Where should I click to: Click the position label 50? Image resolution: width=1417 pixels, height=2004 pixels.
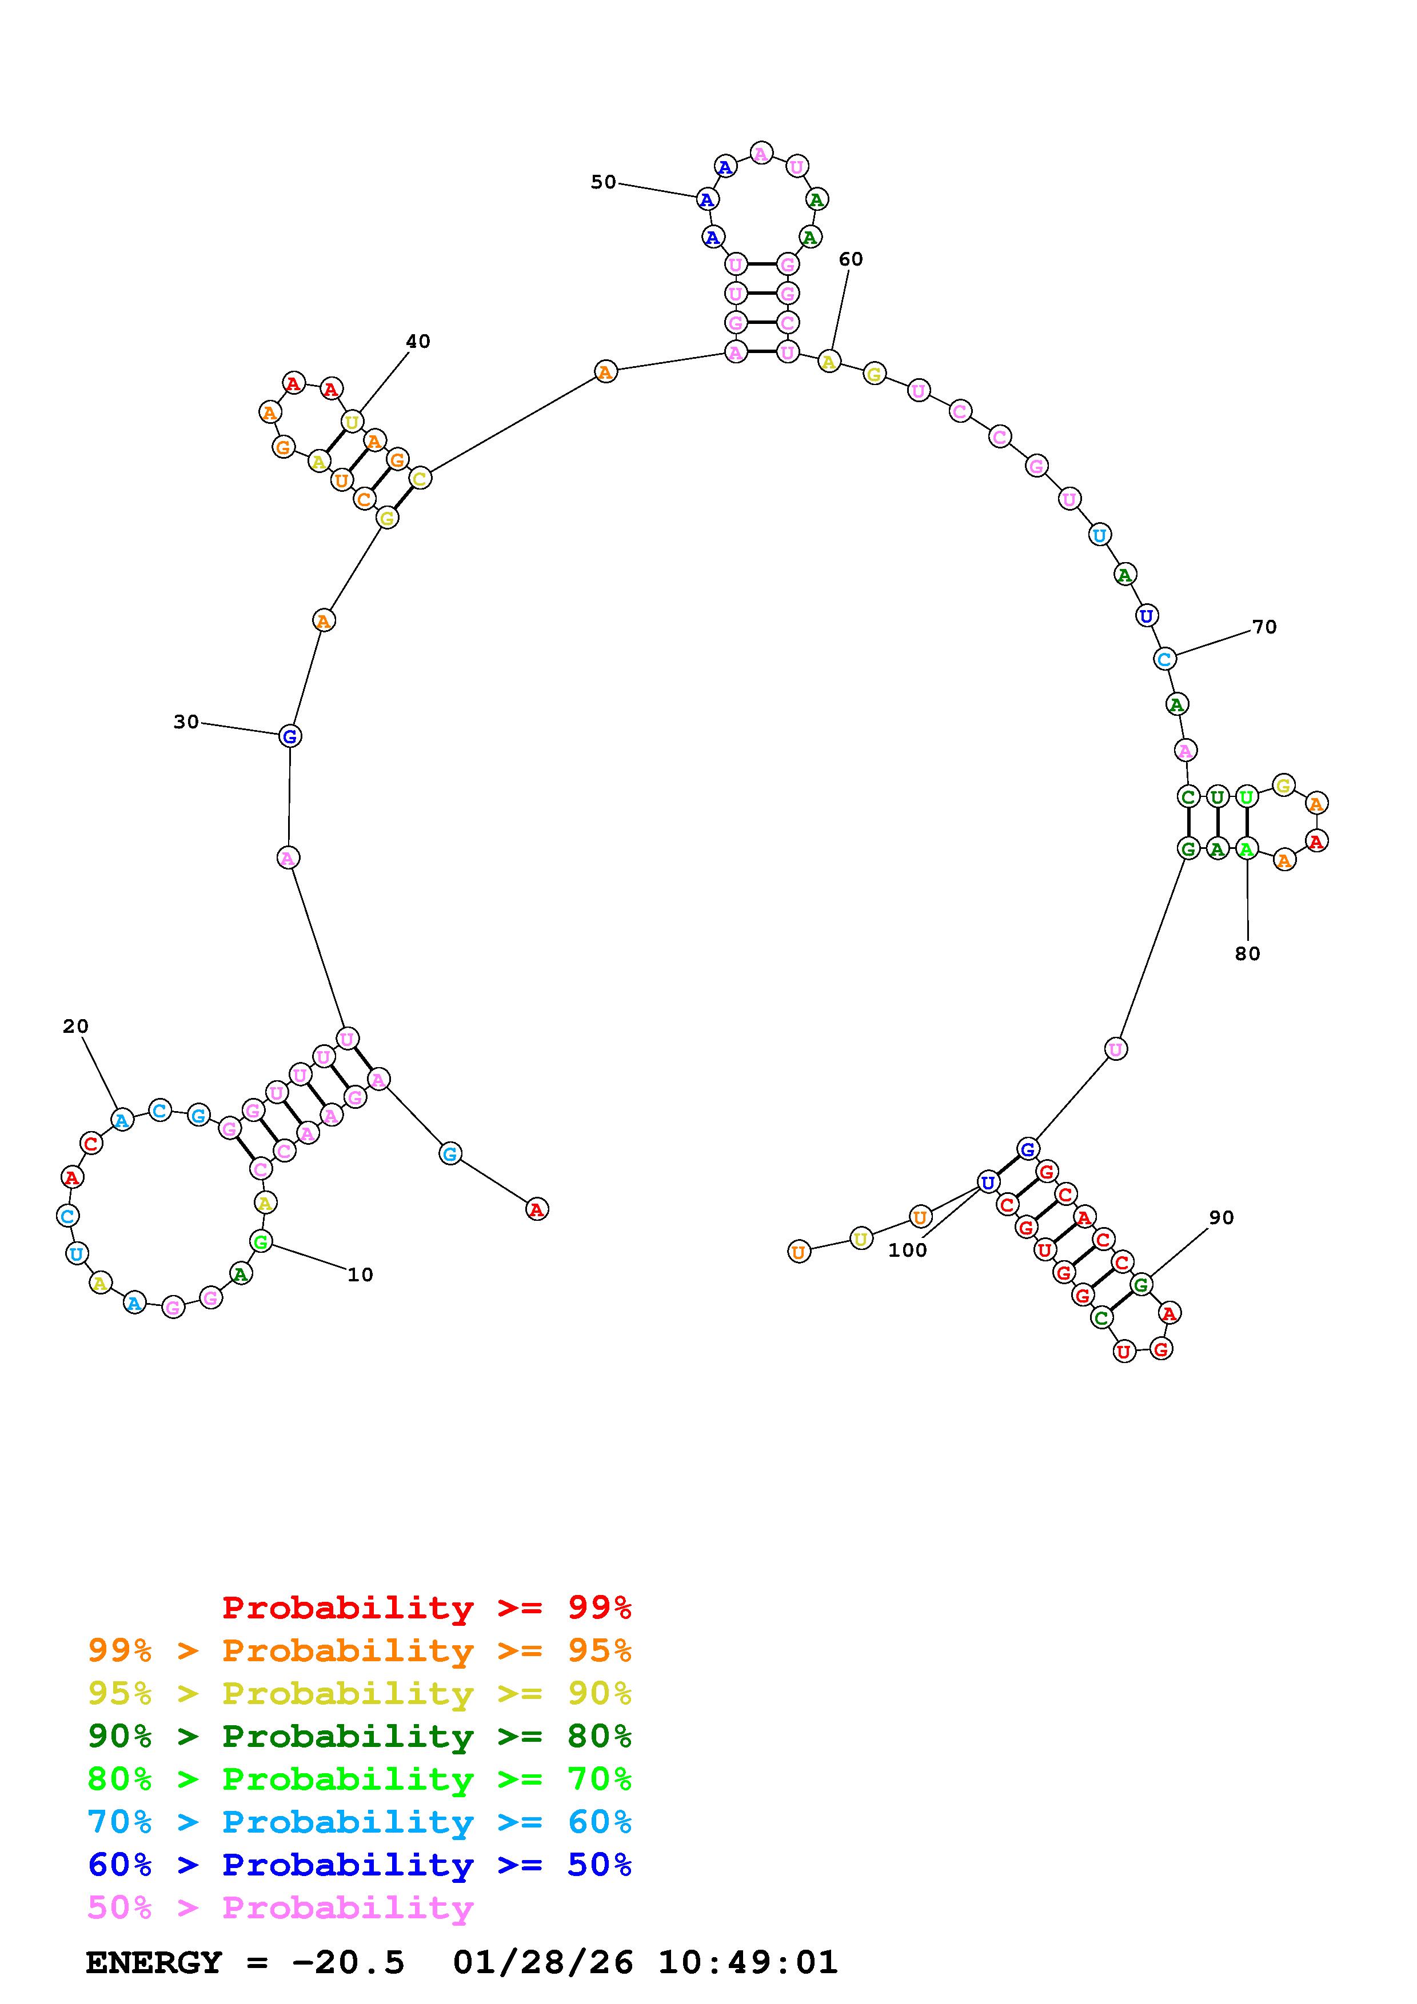tap(603, 182)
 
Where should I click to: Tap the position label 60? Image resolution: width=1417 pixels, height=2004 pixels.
tap(851, 259)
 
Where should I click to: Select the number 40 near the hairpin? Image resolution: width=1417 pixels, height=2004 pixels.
tap(418, 341)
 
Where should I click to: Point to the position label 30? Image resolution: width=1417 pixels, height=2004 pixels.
tap(186, 722)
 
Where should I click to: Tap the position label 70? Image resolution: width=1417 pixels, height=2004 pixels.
tap(1264, 627)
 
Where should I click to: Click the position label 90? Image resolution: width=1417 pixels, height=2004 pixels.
tap(1222, 1217)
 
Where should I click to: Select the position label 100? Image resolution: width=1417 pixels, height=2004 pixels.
tap(907, 1250)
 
